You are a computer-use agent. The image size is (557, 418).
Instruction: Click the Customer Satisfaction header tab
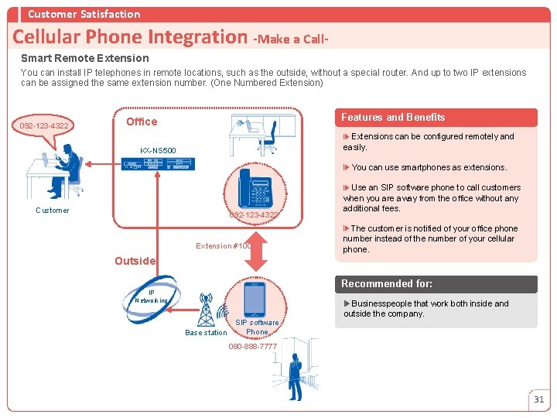(84, 14)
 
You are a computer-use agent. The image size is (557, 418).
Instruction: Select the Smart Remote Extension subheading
(85, 58)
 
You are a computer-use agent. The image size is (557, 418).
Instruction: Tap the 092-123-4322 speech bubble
(44, 125)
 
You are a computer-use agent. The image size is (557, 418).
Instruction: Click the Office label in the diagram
(142, 122)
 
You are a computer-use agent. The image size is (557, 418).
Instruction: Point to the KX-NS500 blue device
(158, 163)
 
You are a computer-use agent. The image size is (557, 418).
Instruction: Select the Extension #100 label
(223, 246)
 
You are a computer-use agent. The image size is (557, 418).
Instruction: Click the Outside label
(135, 261)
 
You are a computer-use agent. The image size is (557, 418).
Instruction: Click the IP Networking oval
(152, 296)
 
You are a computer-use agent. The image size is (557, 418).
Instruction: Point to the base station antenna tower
(207, 310)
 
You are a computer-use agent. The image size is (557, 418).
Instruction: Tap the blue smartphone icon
(255, 299)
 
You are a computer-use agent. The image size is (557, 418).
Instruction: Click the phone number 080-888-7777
(252, 346)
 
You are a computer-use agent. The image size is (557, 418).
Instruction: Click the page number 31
(538, 399)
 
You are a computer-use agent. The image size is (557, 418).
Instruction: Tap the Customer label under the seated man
(53, 211)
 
